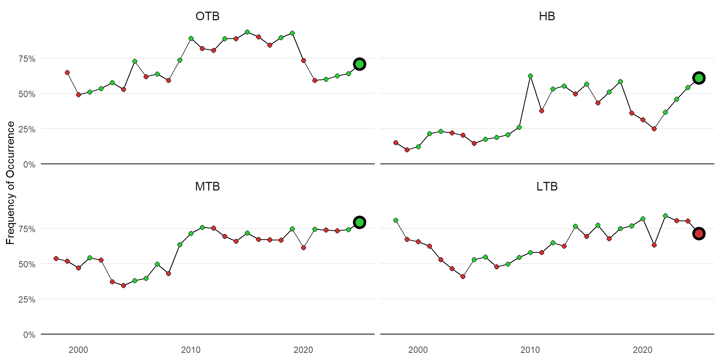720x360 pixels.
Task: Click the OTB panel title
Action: (x=207, y=16)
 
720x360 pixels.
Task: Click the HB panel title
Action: (x=547, y=16)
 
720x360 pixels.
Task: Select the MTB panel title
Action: (x=207, y=186)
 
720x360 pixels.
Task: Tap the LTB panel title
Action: (x=547, y=186)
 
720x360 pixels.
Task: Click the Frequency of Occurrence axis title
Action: (x=10, y=183)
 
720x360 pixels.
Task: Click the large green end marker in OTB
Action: (x=360, y=64)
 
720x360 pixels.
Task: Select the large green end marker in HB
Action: (x=699, y=78)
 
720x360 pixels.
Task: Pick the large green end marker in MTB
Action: (x=360, y=222)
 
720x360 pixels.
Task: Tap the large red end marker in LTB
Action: (x=699, y=234)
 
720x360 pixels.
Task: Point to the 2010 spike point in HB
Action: (x=530, y=76)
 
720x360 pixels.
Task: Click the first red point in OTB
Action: (x=67, y=72)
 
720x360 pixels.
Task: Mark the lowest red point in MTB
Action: (x=123, y=285)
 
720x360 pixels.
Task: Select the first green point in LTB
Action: (x=396, y=220)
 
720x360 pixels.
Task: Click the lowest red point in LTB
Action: (x=463, y=276)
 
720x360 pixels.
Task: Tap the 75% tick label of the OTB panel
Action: (x=27, y=59)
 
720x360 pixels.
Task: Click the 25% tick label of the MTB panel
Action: (x=27, y=300)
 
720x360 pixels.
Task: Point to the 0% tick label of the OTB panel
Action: (x=29, y=165)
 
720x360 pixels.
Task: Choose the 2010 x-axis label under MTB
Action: (x=191, y=350)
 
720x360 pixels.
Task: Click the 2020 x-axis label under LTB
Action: (x=643, y=350)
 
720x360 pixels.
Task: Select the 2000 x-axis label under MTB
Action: (x=78, y=350)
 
